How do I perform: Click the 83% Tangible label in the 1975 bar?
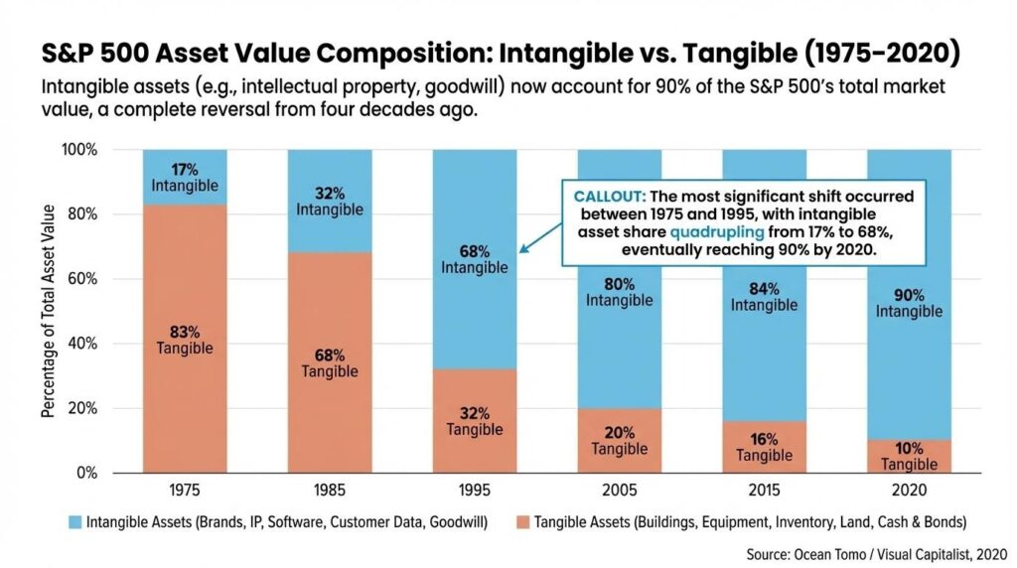pos(185,339)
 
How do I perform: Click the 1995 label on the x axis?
pos(475,490)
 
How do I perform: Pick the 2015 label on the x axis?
pos(764,490)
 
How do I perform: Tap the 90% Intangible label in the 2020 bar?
pos(909,303)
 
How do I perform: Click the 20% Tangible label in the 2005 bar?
pos(619,440)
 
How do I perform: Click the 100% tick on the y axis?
pos(78,150)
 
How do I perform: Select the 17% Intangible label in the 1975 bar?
pos(185,177)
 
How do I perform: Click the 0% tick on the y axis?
pos(85,473)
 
